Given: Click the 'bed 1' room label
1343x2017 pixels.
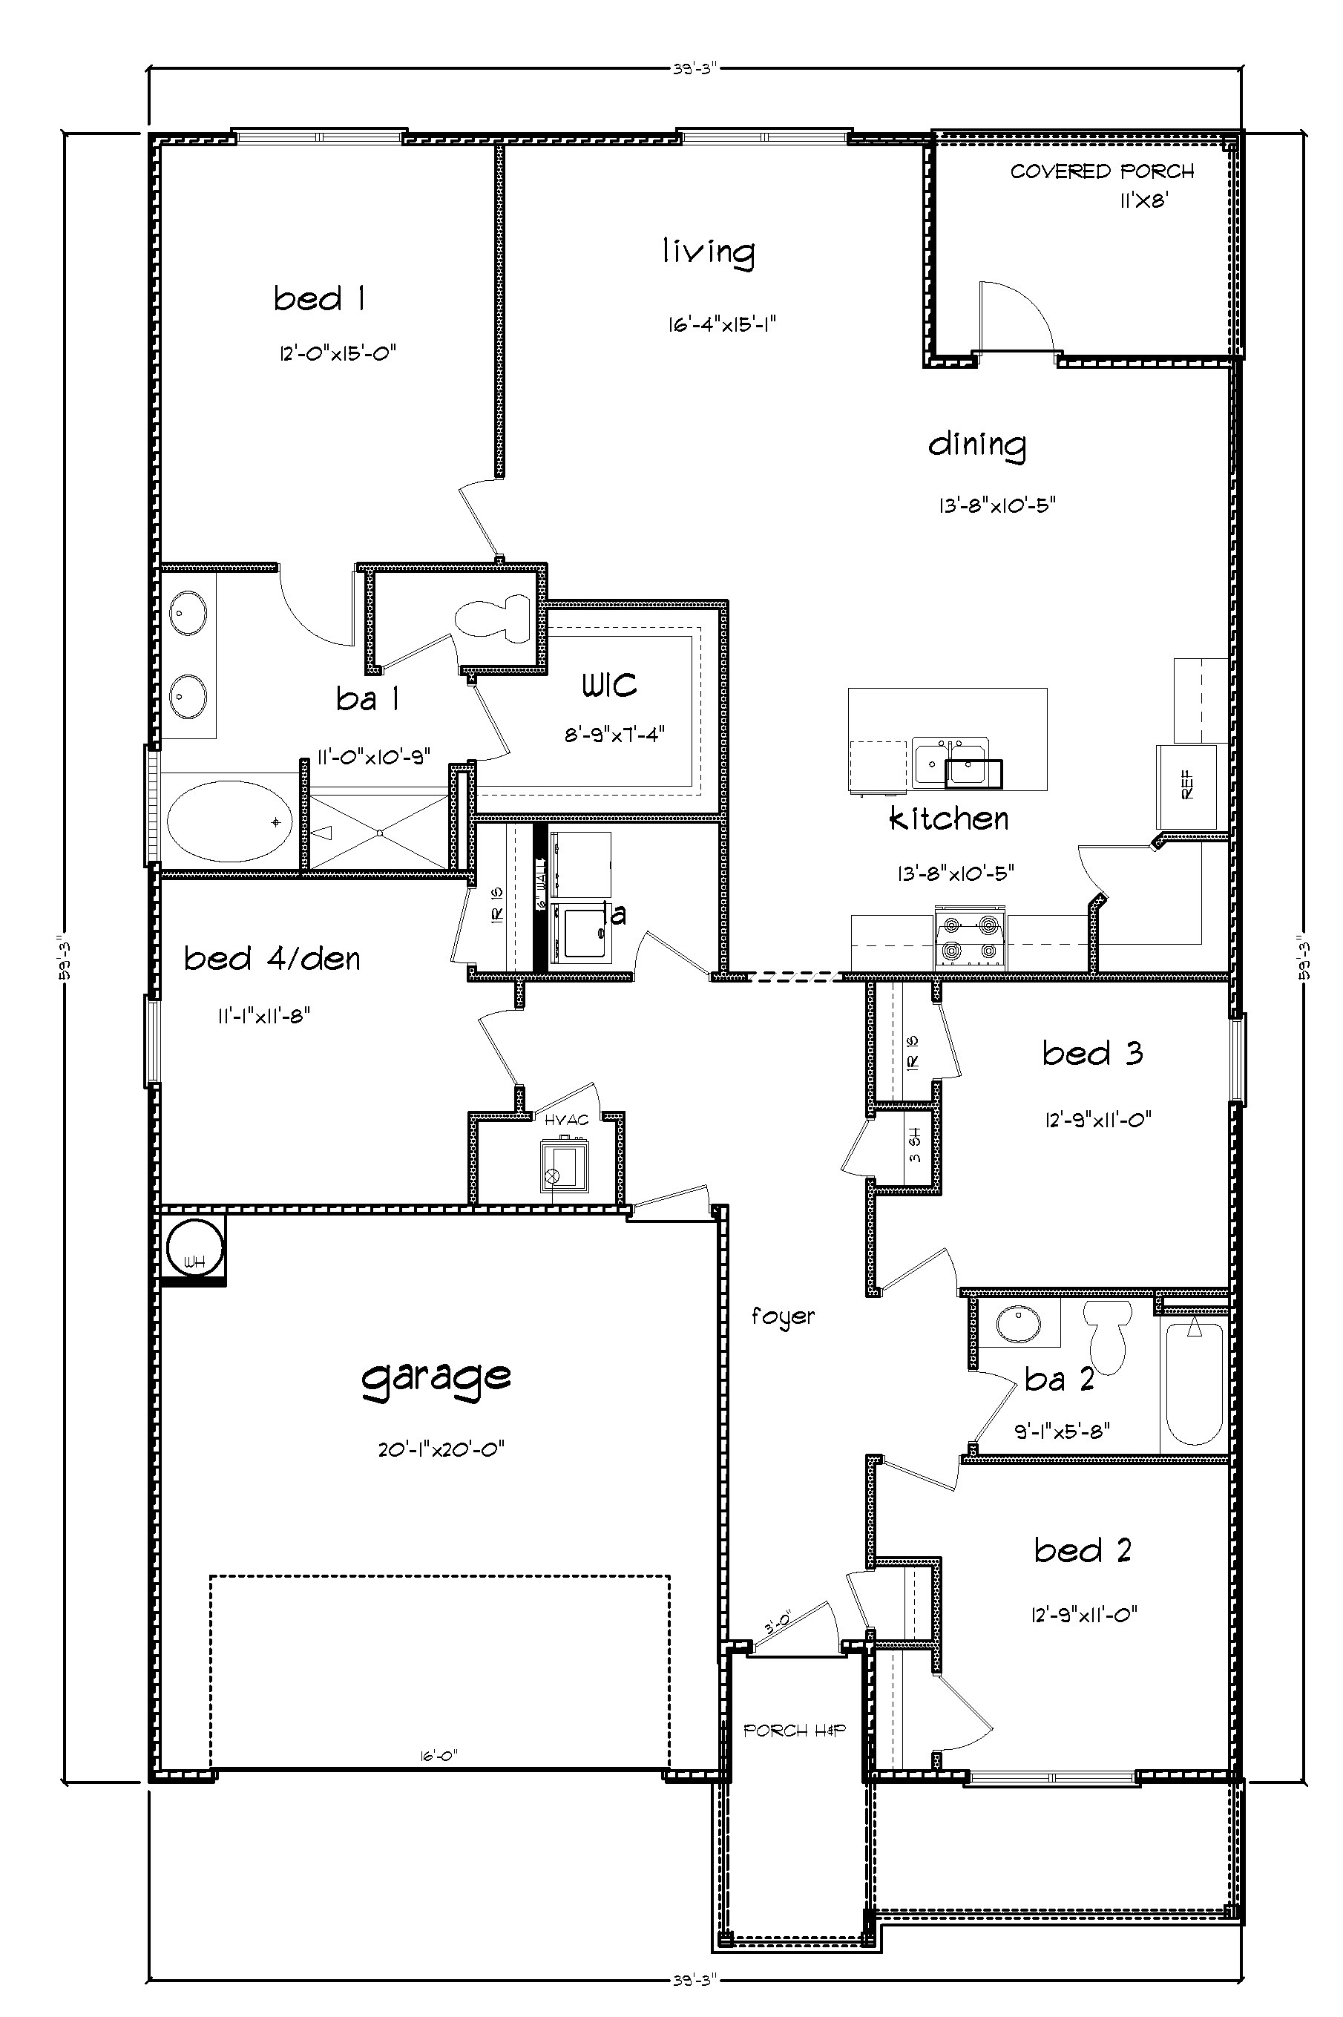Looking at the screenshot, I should [x=320, y=299].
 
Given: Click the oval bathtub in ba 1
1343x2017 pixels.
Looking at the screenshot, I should [x=229, y=822].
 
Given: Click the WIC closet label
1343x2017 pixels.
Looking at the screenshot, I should [x=610, y=684].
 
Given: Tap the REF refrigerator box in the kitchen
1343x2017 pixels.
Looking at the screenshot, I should [x=1187, y=784].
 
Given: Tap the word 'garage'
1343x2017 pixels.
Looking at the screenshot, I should [x=436, y=1377].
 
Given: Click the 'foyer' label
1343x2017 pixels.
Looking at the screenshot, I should [x=783, y=1316].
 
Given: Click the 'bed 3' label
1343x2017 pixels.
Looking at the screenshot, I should [x=1092, y=1052].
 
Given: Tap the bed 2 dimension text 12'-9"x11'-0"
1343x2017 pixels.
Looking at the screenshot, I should [x=1084, y=1615].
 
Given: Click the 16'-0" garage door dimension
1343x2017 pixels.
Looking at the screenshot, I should [x=439, y=1755].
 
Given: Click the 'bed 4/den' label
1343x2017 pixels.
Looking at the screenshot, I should [x=272, y=958].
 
